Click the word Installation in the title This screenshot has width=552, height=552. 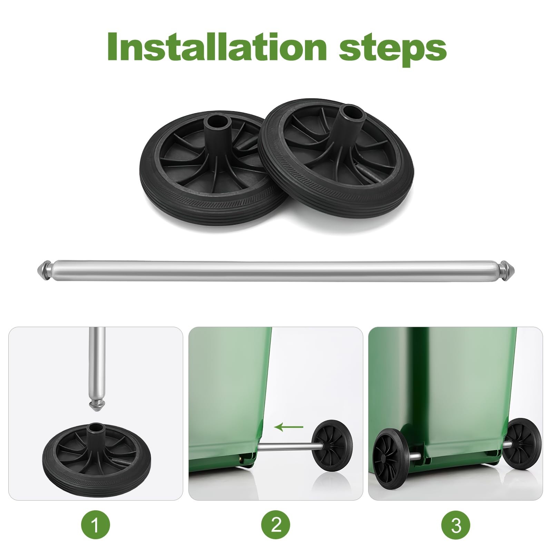click(217, 47)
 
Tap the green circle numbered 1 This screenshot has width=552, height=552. click(96, 526)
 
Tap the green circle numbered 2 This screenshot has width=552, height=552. click(276, 526)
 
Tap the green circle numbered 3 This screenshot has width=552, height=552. click(456, 526)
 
